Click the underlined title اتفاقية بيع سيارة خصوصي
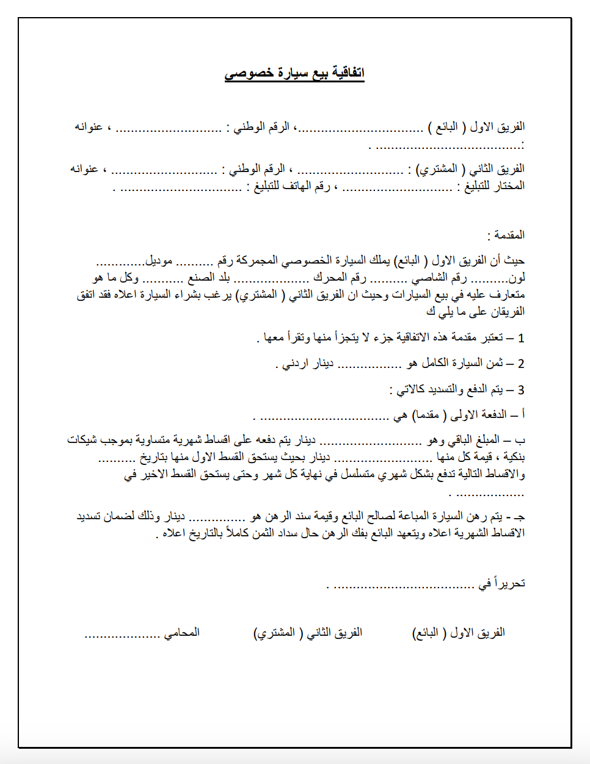point(294,73)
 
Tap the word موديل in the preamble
point(159,261)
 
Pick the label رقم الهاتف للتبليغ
point(292,186)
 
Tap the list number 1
point(521,338)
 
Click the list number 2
point(521,364)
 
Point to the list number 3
point(521,390)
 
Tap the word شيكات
point(83,440)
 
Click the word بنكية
point(514,457)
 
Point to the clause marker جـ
point(520,517)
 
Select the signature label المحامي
point(181,633)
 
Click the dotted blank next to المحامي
point(122,635)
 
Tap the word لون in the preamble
point(517,278)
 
